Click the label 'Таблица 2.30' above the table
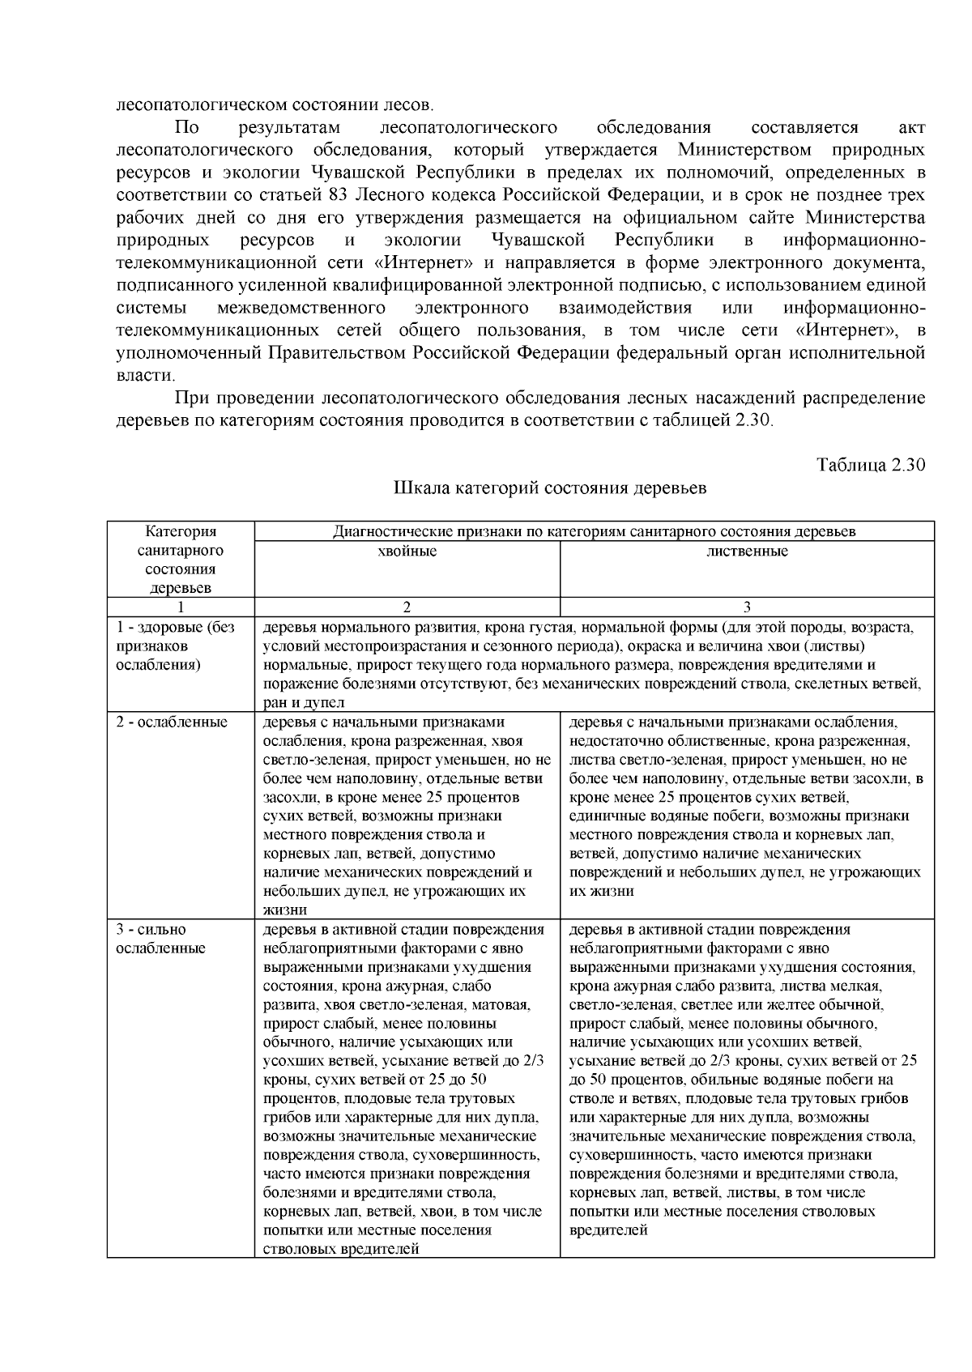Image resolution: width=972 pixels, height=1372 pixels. coord(871,465)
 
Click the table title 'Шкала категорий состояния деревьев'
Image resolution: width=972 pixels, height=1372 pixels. coord(550,488)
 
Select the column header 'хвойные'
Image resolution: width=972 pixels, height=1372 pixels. coord(407,552)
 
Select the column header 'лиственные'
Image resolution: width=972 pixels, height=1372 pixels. coord(747,552)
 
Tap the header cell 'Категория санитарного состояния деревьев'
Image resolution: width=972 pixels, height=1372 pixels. coord(181,560)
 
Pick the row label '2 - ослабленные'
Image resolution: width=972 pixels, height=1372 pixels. coord(172,722)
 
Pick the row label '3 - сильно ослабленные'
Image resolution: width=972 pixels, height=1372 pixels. coord(160,939)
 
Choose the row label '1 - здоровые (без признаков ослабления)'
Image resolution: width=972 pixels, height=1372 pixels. coord(175,646)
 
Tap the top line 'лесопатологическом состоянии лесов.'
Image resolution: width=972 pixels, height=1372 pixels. coord(275,104)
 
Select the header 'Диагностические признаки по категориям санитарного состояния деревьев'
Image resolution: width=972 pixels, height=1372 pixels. coord(594,532)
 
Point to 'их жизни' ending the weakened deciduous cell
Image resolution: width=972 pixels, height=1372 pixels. coord(602,891)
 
